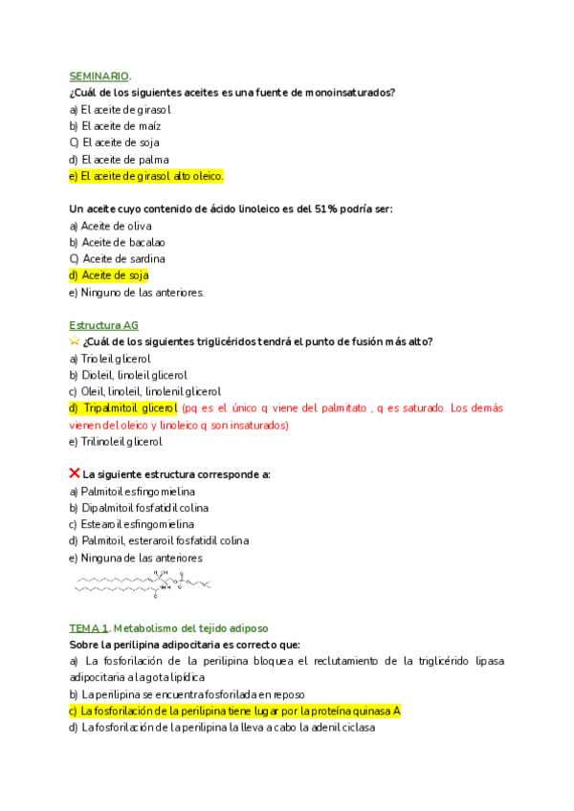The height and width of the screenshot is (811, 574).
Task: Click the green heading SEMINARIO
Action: click(99, 76)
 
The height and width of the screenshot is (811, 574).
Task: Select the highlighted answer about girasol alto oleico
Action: click(146, 176)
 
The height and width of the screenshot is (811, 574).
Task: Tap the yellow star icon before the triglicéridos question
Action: click(75, 341)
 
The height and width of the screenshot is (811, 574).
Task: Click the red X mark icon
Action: click(75, 473)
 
